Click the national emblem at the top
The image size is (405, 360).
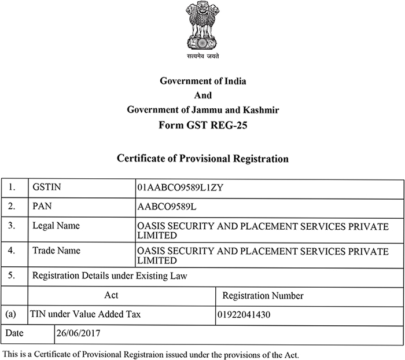203,26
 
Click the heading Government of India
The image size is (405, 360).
203,82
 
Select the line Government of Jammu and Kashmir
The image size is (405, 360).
203,109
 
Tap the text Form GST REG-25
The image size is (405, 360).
203,124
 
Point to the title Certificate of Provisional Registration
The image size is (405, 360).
203,157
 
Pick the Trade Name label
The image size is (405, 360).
57,251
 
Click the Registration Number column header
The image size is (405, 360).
263,296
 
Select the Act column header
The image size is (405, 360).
111,295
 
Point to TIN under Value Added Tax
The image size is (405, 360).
86,315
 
